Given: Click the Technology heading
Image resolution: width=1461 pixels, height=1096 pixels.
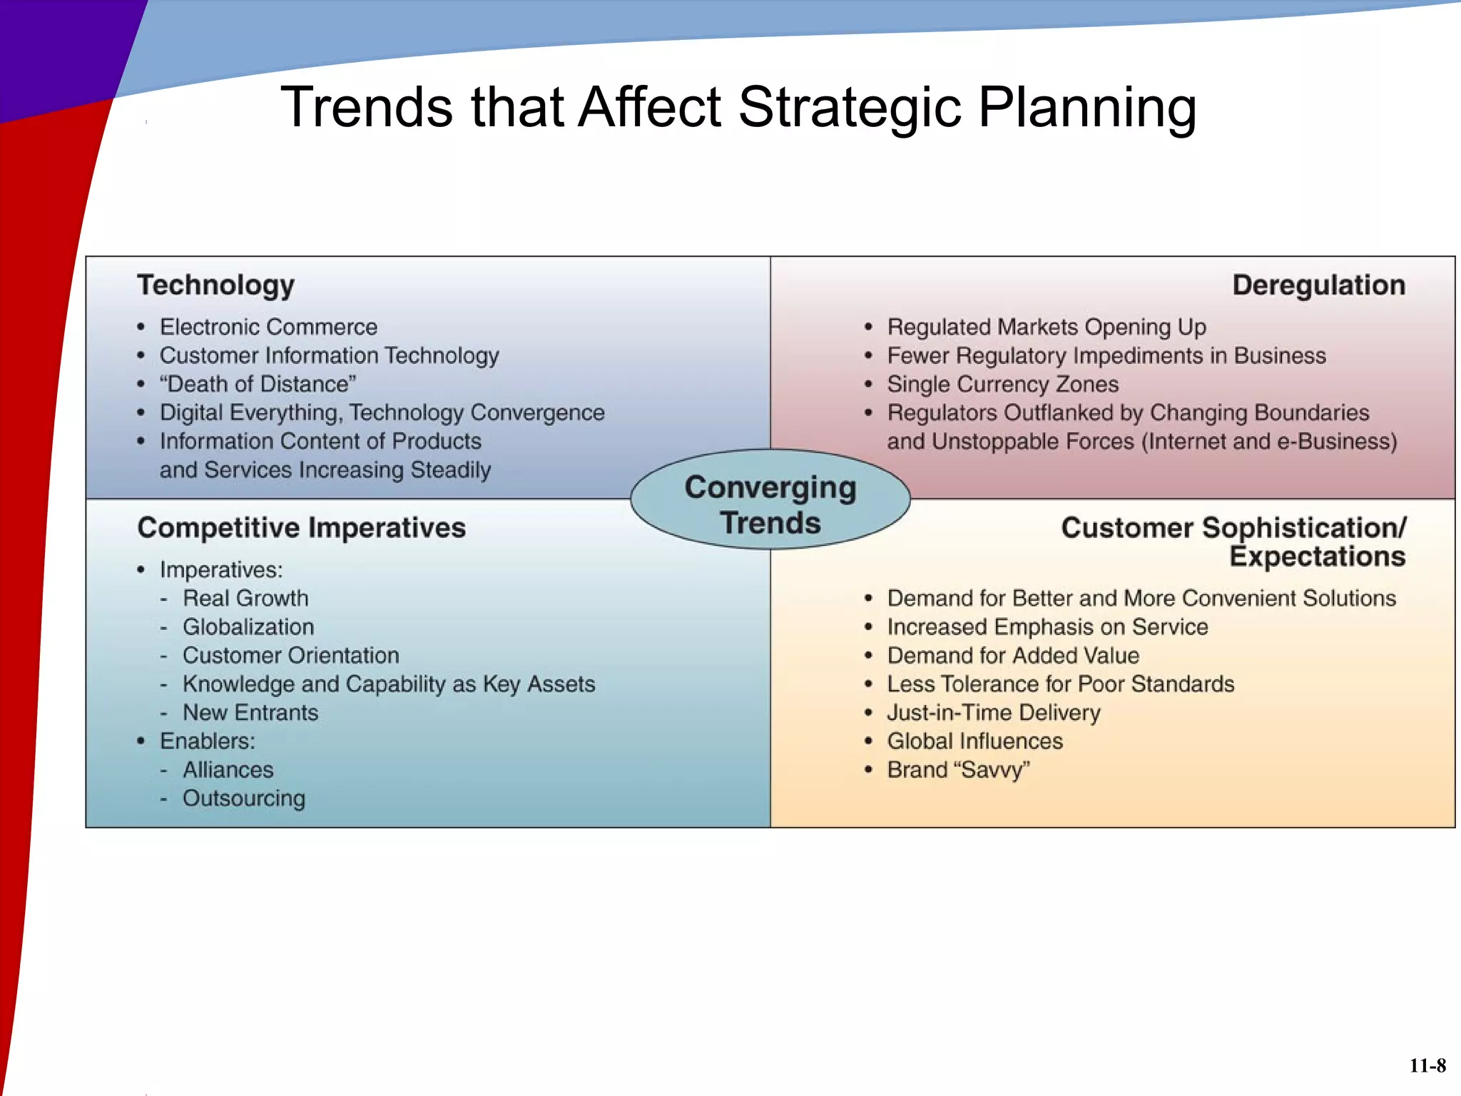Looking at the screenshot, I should point(215,285).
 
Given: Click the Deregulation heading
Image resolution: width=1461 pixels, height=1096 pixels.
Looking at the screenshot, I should point(1318,285).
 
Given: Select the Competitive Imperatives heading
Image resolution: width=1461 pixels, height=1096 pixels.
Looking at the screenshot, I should point(301,528).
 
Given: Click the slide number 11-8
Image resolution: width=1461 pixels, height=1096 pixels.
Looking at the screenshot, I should point(1427,1065).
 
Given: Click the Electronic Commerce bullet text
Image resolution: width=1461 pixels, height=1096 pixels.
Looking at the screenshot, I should point(268,327).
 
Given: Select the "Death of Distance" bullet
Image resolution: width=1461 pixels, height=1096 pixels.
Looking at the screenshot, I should point(258,384).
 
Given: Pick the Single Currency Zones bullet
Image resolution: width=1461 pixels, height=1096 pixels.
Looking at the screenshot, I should point(1002,384).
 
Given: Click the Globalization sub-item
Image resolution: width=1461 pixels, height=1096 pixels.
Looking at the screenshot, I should point(248,626).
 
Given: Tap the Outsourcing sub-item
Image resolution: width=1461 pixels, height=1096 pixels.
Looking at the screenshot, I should point(243,798).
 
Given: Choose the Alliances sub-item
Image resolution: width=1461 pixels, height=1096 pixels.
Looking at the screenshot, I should point(228,769).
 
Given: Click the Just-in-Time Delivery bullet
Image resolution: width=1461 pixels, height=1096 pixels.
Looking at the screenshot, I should point(993,712).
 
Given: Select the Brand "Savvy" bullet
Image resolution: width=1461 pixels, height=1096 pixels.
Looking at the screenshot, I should point(958,769).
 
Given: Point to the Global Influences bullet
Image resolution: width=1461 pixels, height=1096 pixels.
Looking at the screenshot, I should point(974,741).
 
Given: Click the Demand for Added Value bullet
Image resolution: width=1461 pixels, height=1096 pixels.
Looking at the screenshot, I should point(1012,655).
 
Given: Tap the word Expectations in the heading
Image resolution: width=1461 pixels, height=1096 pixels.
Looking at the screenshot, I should point(1317,557).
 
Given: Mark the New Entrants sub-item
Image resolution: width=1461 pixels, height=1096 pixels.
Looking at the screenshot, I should point(250,712).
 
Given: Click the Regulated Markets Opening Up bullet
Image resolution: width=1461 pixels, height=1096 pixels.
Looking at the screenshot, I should point(1046,327).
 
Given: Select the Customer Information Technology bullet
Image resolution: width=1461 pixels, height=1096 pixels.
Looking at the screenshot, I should point(329,355).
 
